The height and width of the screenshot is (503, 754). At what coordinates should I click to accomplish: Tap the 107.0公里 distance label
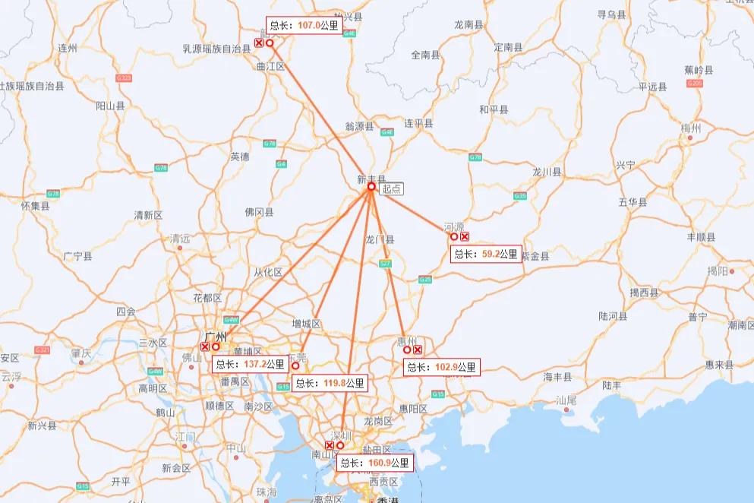point(303,25)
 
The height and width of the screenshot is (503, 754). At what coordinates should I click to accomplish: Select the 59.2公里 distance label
point(486,255)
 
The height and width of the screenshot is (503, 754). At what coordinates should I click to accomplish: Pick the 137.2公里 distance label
point(250,364)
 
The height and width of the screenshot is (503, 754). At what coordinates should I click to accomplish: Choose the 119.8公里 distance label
point(330,384)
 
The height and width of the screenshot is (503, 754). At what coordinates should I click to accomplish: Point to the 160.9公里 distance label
point(374,463)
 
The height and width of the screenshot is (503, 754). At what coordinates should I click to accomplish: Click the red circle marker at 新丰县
point(371,187)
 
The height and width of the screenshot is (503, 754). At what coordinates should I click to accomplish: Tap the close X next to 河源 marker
point(465,236)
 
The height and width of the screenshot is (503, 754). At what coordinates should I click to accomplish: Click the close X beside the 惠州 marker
point(418,350)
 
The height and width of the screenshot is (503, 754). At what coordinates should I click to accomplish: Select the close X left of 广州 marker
point(205,346)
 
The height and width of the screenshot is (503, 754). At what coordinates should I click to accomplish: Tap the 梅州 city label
point(690,127)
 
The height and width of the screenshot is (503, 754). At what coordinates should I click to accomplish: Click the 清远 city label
point(180,237)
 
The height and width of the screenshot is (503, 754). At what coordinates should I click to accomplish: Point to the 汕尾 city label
point(566,400)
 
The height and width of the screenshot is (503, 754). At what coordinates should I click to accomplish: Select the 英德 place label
point(240,157)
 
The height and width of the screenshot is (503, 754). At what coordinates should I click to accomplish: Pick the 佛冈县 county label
point(259,213)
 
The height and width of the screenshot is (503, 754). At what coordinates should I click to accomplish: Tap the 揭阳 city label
point(718,270)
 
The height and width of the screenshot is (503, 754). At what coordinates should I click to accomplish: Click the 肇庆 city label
point(80,353)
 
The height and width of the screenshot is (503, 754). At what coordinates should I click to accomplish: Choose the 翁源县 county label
point(359,126)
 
